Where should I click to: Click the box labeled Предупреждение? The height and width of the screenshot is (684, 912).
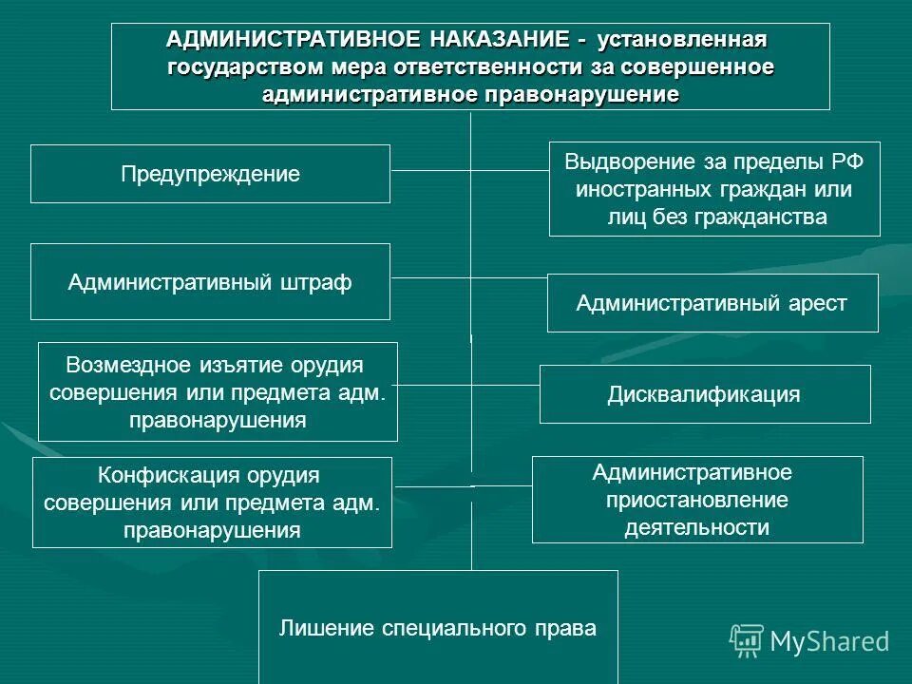pyautogui.click(x=210, y=174)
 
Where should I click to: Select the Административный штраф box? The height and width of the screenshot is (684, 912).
pyautogui.click(x=210, y=282)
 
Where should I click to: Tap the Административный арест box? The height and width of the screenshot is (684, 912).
pyautogui.click(x=712, y=303)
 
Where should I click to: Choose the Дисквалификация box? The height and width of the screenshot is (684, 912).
pyautogui.click(x=704, y=394)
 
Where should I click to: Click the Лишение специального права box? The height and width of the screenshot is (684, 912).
pyautogui.click(x=438, y=628)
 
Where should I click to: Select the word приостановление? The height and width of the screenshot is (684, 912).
pyautogui.click(x=696, y=500)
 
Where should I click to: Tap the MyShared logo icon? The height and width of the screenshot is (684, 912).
pyautogui.click(x=747, y=641)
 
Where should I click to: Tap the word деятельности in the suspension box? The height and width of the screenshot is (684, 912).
pyautogui.click(x=696, y=527)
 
